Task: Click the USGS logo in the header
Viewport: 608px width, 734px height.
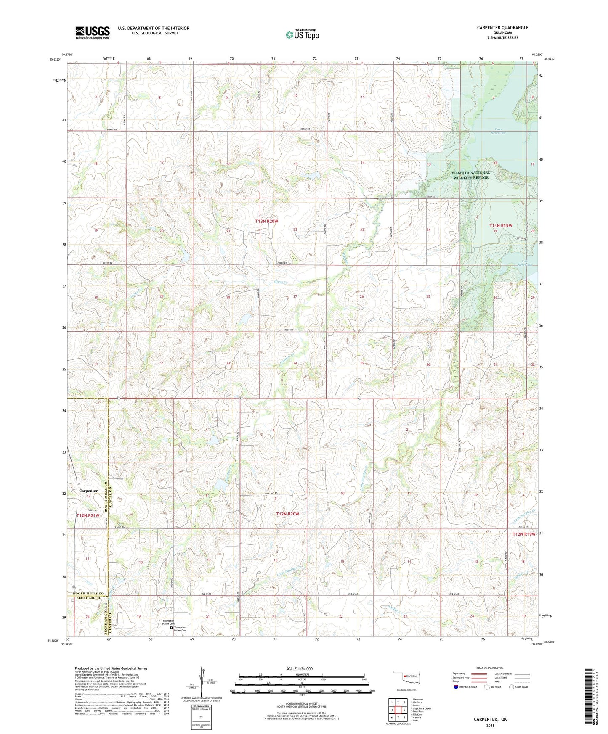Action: point(92,32)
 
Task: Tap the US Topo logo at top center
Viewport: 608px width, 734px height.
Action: point(302,34)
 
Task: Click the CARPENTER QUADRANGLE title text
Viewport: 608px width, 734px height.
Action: point(502,28)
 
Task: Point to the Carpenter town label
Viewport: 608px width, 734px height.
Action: point(88,491)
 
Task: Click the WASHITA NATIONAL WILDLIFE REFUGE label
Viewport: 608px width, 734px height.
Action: point(470,175)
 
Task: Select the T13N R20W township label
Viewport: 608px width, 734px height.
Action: point(266,221)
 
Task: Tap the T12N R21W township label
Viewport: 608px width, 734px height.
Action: point(88,515)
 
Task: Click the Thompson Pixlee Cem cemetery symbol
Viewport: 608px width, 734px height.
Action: point(171,629)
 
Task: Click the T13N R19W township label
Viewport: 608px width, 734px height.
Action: point(501,226)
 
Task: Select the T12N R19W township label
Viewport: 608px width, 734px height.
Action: point(524,534)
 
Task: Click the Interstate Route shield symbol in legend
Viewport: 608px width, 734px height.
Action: point(456,687)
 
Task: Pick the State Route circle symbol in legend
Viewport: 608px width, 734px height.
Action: point(512,687)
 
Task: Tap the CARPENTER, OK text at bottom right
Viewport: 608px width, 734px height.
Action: point(490,719)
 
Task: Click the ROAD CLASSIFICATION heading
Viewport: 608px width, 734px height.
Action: point(491,668)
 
